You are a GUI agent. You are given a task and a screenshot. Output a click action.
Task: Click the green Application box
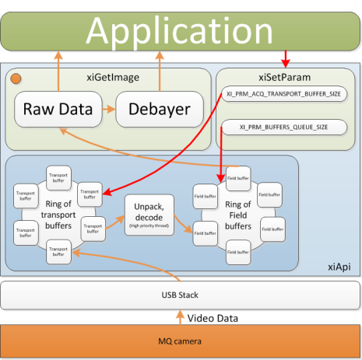pos(181,29)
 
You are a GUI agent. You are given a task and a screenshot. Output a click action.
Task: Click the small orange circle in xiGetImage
pos(16,78)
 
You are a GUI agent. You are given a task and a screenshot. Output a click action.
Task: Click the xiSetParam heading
pos(287,78)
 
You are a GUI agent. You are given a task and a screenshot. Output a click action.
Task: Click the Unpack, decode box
pos(148,211)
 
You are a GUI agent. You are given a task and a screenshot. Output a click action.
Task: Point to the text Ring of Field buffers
pos(237,211)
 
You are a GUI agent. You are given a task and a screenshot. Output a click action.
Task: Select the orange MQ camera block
pos(181,341)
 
